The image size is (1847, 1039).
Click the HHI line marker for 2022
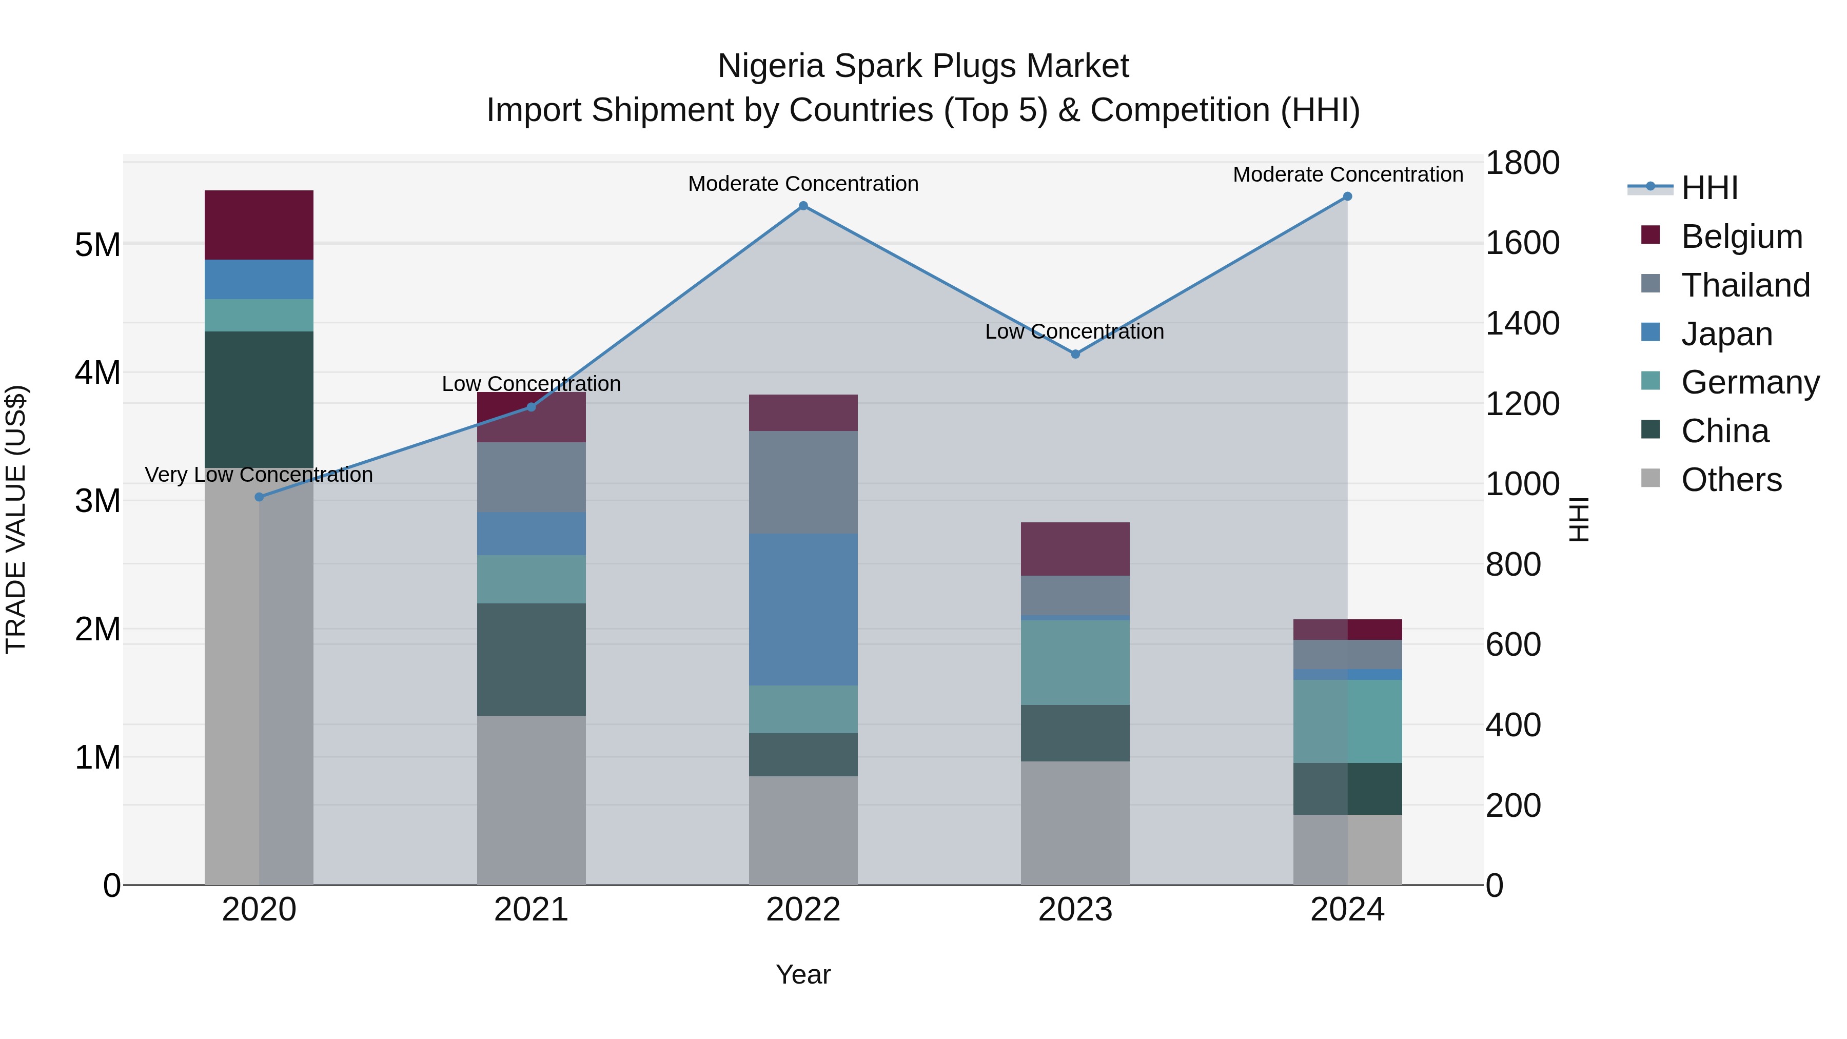click(x=803, y=206)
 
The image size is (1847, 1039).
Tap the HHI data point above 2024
click(x=1347, y=197)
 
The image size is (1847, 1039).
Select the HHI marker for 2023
click(x=1075, y=354)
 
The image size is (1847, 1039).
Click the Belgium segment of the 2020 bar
click(x=259, y=225)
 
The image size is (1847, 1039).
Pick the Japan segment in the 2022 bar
click(x=803, y=610)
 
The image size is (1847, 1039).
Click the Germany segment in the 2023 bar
click(x=1075, y=662)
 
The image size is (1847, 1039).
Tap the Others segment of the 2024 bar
click(x=1347, y=850)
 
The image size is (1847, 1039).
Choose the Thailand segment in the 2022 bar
click(x=803, y=482)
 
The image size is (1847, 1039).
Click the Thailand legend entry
click(x=1745, y=285)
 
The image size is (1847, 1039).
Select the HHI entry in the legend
click(x=1710, y=188)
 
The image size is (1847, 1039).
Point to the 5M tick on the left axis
click(x=97, y=245)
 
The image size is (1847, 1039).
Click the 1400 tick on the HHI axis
click(x=1522, y=323)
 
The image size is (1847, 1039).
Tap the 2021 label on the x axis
click(x=532, y=910)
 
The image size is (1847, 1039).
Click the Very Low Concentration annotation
click(x=259, y=475)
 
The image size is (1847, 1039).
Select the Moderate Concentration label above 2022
click(x=803, y=184)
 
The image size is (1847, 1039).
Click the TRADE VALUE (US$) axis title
click(x=16, y=519)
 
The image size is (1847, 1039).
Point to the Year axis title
click(x=803, y=974)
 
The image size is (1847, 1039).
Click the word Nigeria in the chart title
click(x=771, y=66)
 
